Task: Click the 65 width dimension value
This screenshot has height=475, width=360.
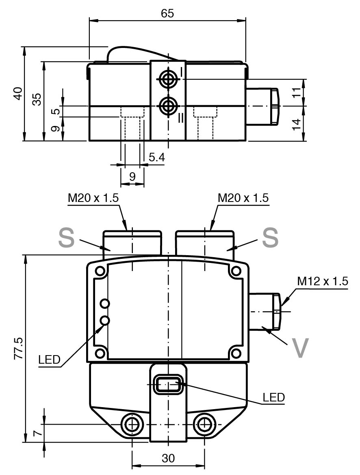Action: (167, 13)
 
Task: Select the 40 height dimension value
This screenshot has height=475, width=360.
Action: (18, 93)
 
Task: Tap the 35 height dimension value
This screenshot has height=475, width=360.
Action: (36, 99)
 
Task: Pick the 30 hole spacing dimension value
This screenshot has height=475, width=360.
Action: (168, 458)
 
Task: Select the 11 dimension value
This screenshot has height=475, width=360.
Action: (297, 92)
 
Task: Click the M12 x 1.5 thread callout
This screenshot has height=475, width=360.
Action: (323, 281)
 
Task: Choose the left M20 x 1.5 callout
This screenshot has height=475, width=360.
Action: (93, 198)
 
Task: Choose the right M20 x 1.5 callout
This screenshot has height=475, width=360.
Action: (243, 198)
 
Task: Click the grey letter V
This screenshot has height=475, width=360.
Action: (300, 347)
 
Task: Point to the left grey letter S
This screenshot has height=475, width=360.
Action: (66, 238)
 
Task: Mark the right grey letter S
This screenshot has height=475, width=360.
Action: (270, 238)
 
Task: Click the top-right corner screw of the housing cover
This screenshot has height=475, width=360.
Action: (236, 271)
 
